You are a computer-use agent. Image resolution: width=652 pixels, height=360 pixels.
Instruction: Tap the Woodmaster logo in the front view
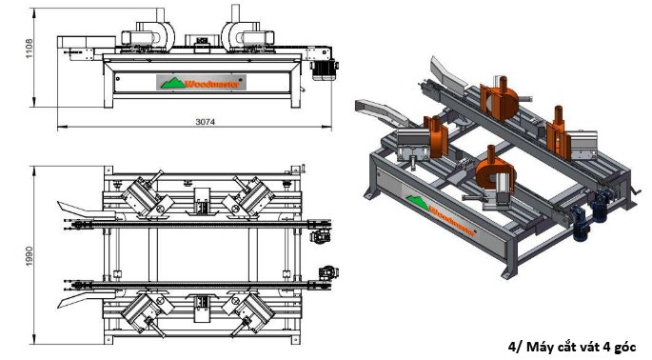pyautogui.click(x=202, y=83)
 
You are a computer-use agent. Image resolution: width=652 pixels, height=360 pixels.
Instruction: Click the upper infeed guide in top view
pyautogui.click(x=76, y=208)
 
